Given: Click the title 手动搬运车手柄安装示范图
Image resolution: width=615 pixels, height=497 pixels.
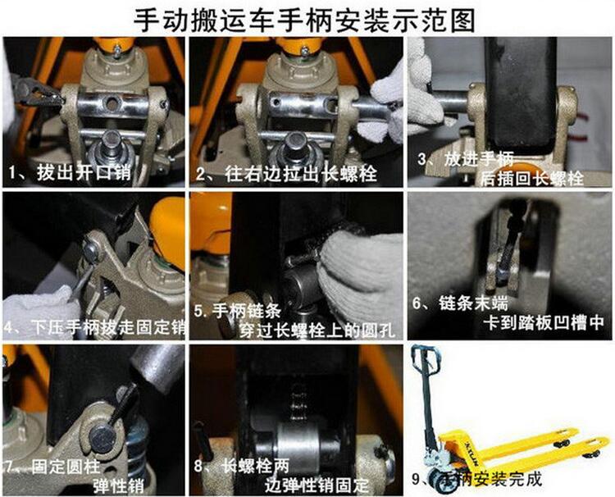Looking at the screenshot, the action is click(x=304, y=20).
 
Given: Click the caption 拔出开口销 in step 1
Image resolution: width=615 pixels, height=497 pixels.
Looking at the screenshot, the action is click(x=84, y=172).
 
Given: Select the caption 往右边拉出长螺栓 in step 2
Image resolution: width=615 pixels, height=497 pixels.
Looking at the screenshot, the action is click(x=301, y=173).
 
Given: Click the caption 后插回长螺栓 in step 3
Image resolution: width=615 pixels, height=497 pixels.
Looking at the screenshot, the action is click(x=532, y=179).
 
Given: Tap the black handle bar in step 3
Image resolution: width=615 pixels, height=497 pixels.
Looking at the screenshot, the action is click(x=521, y=94).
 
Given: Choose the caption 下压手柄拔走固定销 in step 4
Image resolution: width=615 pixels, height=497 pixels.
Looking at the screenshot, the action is click(x=108, y=327).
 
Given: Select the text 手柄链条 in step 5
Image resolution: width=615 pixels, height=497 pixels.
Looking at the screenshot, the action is click(x=246, y=311).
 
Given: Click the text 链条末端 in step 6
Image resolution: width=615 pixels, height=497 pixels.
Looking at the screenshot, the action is click(x=473, y=303).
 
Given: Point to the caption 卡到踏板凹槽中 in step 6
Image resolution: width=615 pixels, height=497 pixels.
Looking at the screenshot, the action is click(x=544, y=323).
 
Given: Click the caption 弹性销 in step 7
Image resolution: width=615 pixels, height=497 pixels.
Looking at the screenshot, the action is click(x=118, y=486).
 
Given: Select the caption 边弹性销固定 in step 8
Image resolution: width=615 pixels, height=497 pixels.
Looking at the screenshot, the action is click(x=317, y=486).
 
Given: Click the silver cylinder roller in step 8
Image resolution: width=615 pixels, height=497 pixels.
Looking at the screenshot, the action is click(x=298, y=445).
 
